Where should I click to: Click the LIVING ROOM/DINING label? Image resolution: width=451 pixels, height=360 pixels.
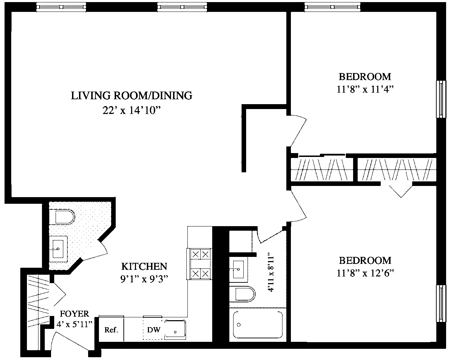[131, 95]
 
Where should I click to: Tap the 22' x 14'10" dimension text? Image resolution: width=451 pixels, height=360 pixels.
[131, 110]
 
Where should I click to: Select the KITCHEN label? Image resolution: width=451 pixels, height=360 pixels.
[144, 266]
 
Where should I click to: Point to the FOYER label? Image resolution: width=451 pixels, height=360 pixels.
[74, 314]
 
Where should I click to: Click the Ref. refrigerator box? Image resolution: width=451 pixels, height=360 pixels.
[112, 330]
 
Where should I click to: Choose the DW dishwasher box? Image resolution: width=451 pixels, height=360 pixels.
[153, 330]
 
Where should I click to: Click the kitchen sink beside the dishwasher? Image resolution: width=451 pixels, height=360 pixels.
[176, 330]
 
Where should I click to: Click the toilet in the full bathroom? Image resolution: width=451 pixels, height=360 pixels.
[244, 294]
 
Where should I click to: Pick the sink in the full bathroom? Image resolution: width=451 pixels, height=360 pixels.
[239, 269]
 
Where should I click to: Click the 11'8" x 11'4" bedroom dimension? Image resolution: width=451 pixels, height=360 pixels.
[365, 89]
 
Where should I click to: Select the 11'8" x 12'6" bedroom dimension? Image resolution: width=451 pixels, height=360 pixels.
[365, 274]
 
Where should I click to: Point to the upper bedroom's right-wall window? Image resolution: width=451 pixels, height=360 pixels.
[442, 99]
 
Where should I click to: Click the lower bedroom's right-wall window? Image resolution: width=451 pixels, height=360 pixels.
[442, 303]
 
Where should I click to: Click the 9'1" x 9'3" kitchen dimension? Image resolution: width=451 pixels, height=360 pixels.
[144, 279]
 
